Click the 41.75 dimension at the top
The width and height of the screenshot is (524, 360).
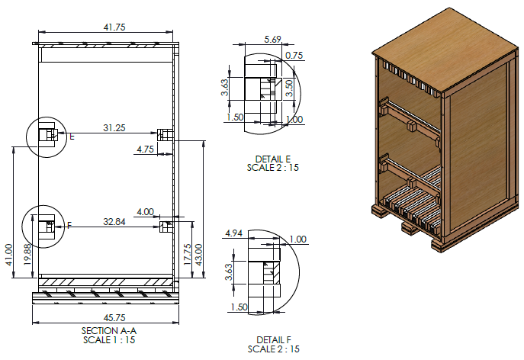pos(114,27)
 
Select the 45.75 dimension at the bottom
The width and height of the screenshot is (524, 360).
pos(109,317)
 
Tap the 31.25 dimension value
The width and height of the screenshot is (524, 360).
pos(114,128)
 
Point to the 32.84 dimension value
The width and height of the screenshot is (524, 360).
pos(114,221)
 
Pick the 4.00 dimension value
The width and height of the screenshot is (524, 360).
pos(144,211)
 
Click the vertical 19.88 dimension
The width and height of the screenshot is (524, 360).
pos(28,260)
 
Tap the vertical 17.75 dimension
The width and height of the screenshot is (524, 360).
pos(186,251)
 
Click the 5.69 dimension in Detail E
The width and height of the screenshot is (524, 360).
pos(272,39)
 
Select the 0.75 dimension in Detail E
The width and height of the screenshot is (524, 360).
pos(293,55)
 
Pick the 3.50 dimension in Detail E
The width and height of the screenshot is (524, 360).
pos(288,85)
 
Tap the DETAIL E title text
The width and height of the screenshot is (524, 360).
pos(273,158)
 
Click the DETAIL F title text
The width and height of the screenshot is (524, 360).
pos(273,340)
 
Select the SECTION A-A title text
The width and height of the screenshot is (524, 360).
pos(109,330)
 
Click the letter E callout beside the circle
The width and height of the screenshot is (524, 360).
pos(72,137)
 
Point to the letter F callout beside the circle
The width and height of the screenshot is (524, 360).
pos(69,226)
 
